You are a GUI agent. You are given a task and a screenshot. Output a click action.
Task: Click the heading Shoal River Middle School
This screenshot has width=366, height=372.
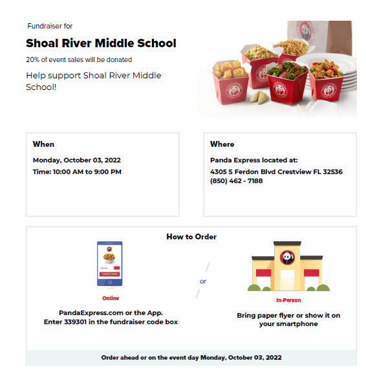tap(101, 44)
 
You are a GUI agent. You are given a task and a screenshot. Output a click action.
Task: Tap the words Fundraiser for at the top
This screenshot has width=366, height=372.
tap(50, 26)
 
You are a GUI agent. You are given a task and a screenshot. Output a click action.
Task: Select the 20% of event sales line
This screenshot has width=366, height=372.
tap(79, 60)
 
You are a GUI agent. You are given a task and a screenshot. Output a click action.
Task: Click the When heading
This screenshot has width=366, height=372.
tap(43, 144)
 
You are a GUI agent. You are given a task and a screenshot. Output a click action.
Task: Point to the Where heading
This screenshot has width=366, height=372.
tap(222, 144)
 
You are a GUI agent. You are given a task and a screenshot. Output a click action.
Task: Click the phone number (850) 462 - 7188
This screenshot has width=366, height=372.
tap(236, 181)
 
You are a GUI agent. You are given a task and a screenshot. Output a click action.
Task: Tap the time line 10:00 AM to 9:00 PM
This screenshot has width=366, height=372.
tap(77, 172)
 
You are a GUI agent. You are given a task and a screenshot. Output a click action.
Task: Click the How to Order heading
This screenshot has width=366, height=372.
tap(191, 237)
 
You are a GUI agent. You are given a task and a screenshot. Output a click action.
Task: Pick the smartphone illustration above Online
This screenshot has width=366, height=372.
tap(110, 264)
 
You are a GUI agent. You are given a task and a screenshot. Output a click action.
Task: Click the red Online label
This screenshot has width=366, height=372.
tap(111, 298)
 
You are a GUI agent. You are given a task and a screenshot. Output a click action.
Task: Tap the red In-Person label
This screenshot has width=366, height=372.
tap(288, 300)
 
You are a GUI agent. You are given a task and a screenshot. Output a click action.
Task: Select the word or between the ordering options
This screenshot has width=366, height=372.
tap(203, 281)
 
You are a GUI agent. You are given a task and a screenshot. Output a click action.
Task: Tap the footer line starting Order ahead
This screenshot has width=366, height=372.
tap(191, 357)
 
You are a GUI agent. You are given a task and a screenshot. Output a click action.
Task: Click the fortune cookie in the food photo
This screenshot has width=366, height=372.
tap(257, 96)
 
